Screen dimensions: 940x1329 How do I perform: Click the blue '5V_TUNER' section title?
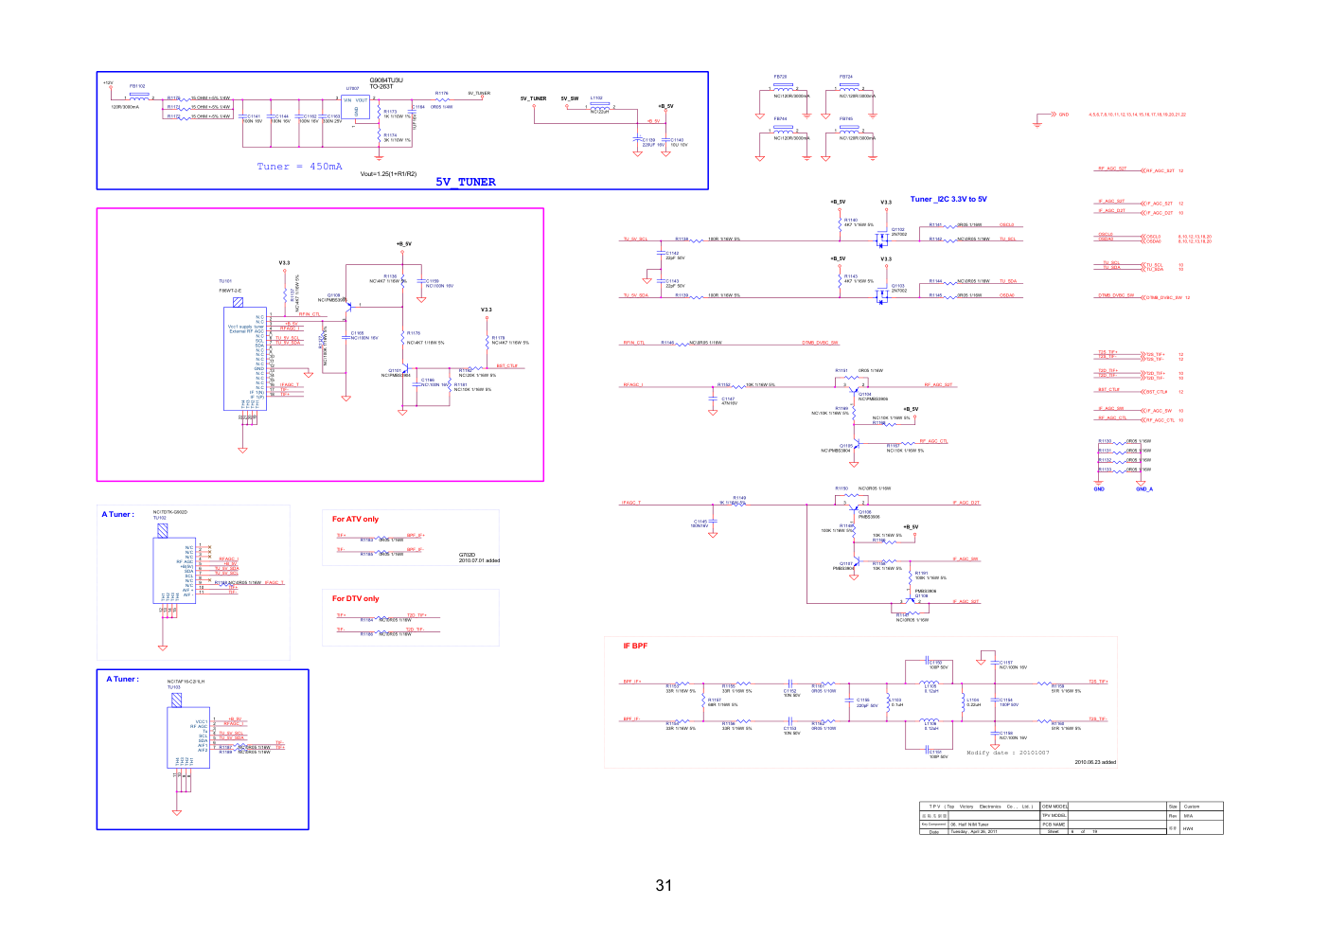(x=465, y=182)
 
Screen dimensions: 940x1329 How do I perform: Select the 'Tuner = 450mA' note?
(x=299, y=167)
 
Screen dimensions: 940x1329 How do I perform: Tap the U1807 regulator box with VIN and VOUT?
(x=356, y=108)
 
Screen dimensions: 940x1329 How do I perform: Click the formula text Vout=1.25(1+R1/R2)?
(x=388, y=174)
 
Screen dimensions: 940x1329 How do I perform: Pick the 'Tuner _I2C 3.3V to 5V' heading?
(x=948, y=200)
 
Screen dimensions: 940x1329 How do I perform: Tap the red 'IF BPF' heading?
(x=635, y=647)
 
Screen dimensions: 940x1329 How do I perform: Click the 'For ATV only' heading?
(x=355, y=520)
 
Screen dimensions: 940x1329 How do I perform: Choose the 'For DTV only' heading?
(x=355, y=599)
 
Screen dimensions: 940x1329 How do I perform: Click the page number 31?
(x=664, y=886)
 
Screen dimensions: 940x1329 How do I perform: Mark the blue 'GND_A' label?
(x=1144, y=489)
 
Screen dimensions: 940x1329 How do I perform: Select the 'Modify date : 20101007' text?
(x=1007, y=754)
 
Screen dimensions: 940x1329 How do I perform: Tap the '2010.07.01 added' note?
(x=479, y=560)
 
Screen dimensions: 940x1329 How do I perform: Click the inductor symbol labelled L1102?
(x=599, y=106)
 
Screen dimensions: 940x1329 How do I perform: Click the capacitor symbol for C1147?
(x=713, y=399)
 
